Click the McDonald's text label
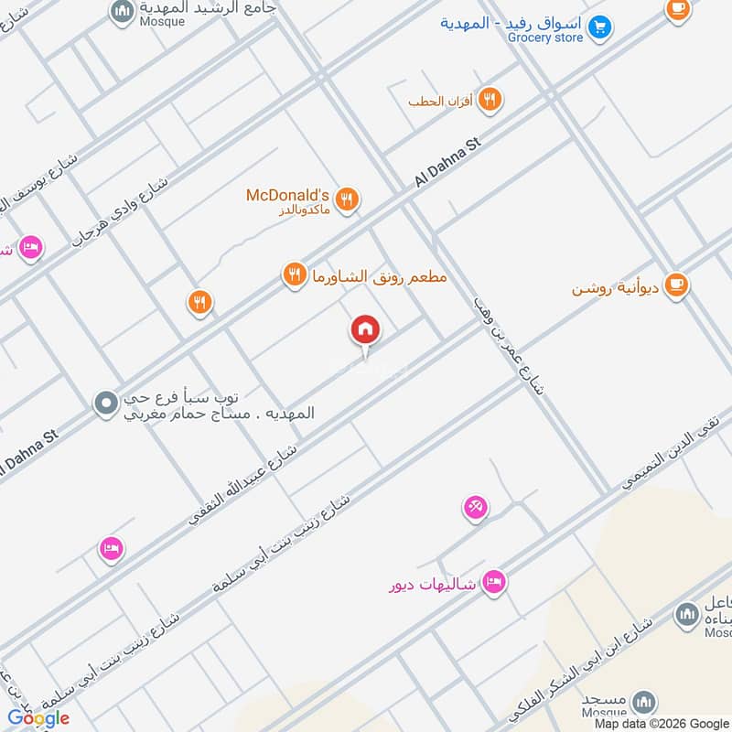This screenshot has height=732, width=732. click(287, 195)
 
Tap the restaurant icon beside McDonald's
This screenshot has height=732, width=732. click(347, 199)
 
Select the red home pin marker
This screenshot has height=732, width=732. click(364, 329)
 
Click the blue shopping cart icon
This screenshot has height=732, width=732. click(600, 28)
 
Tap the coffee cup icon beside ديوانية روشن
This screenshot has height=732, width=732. click(677, 285)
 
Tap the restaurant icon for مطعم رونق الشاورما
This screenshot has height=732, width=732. click(294, 274)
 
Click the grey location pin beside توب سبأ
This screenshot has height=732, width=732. click(106, 402)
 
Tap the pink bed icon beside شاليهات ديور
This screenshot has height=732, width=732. click(494, 581)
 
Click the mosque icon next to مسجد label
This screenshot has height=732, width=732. click(645, 703)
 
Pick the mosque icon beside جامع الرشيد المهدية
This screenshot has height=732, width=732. click(121, 11)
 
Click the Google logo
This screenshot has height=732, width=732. click(38, 718)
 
